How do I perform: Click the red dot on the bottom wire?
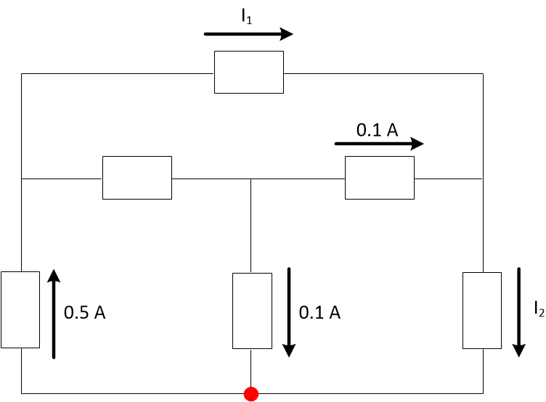tap(251, 394)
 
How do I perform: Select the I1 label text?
tap(248, 19)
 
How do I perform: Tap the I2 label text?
tap(538, 311)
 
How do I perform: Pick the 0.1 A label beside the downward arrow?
tap(319, 313)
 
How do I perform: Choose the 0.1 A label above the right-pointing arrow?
tap(377, 131)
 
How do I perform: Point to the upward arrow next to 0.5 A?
tap(53, 313)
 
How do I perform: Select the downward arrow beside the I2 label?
tap(519, 312)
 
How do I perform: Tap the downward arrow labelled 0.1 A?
tap(289, 312)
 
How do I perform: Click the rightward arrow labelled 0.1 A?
tap(378, 144)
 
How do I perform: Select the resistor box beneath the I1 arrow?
tap(248, 72)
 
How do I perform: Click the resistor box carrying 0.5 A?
tap(20, 310)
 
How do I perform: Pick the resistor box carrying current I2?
tap(481, 311)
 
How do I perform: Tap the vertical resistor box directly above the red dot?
tap(250, 311)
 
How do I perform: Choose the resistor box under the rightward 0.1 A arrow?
tap(379, 177)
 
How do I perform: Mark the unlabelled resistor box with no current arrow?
tap(137, 177)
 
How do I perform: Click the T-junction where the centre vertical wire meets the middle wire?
tap(250, 178)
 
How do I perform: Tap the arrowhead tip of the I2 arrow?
tap(519, 356)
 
